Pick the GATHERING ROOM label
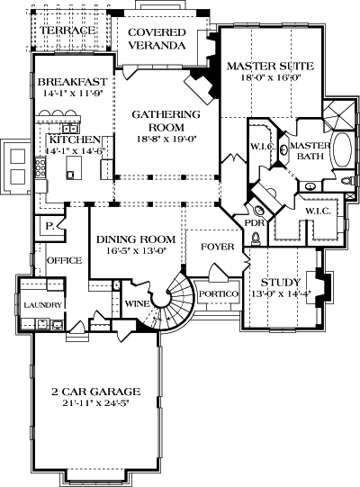point(165,122)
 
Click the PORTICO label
point(219,294)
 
